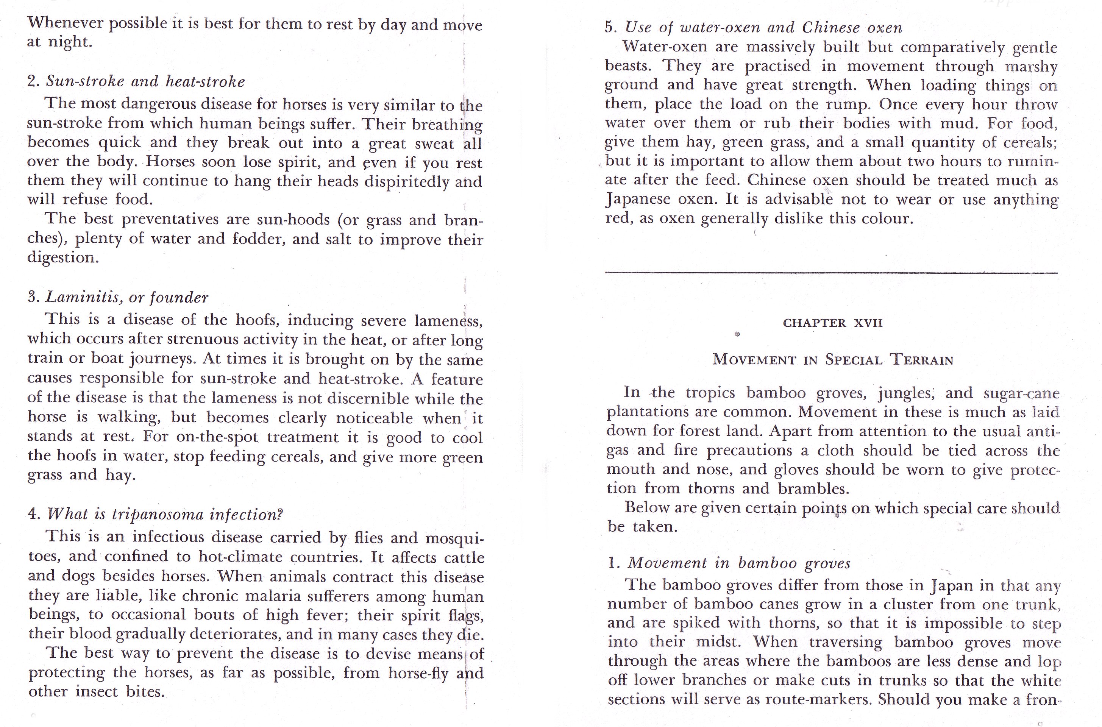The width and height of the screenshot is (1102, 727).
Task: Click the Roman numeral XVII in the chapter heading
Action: pyautogui.click(x=868, y=323)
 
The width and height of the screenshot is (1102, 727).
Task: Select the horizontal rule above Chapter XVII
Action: pyautogui.click(x=831, y=273)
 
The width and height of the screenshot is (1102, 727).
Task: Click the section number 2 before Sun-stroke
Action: pyautogui.click(x=32, y=82)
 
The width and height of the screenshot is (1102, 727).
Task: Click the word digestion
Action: pyautogui.click(x=62, y=257)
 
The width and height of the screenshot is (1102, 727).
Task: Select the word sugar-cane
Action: pyautogui.click(x=1021, y=393)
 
